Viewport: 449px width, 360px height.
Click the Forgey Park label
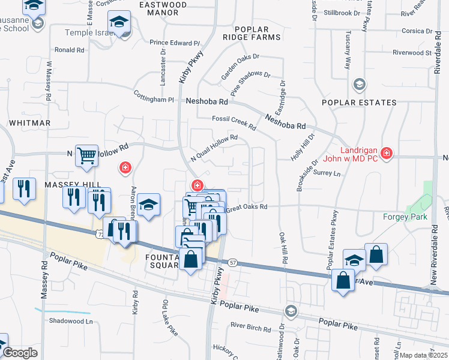tap(405, 217)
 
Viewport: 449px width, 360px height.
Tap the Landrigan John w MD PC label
tap(358, 155)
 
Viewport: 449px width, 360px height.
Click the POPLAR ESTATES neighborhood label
tap(359, 103)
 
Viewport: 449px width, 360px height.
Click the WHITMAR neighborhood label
tap(29, 122)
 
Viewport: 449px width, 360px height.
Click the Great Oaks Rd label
tap(247, 208)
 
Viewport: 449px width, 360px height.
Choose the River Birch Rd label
tap(251, 328)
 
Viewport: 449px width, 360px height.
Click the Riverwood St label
tap(412, 53)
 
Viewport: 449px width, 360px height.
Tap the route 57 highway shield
tap(233, 262)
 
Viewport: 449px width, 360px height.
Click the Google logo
tap(20, 353)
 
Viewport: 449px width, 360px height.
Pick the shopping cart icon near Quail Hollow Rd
tap(86, 155)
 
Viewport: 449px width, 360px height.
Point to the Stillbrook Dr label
tap(342, 13)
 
